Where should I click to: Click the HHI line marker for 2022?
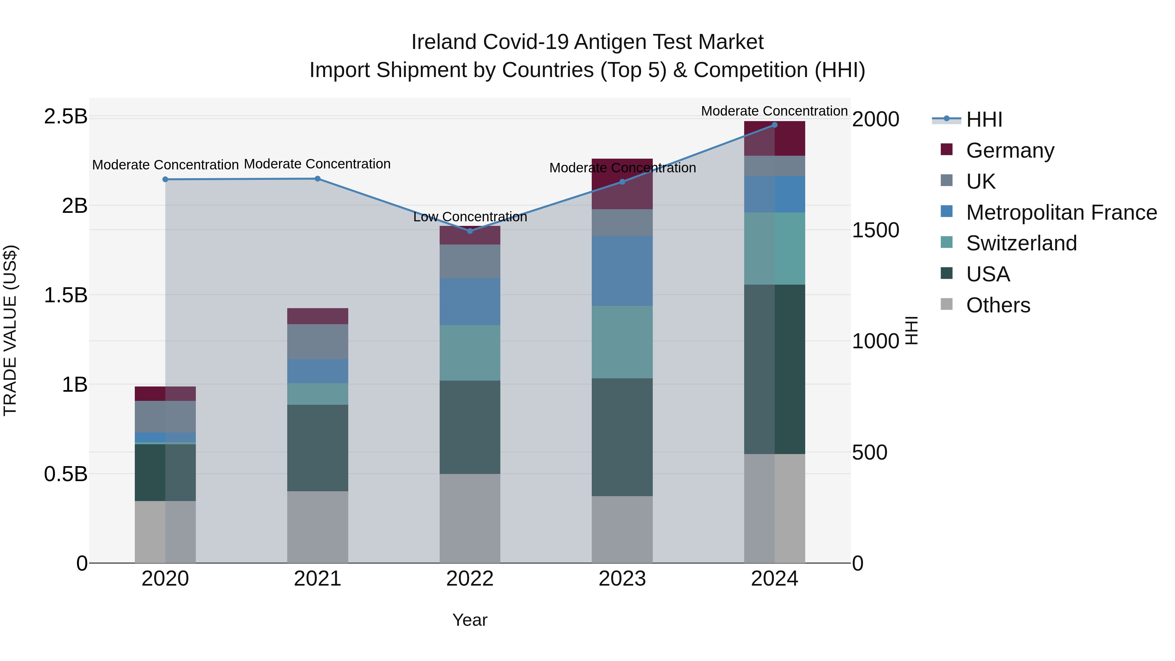(470, 231)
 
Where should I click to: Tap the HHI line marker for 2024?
(775, 125)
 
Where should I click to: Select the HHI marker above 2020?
(165, 179)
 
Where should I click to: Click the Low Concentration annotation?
(470, 217)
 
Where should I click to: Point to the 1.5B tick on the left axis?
(65, 295)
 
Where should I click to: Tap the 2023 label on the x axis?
(622, 579)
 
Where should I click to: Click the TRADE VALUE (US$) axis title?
(10, 330)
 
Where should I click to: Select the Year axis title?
(470, 620)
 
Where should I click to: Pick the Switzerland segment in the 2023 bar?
(622, 342)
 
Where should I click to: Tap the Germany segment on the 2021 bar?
(318, 316)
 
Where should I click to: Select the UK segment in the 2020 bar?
(165, 416)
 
